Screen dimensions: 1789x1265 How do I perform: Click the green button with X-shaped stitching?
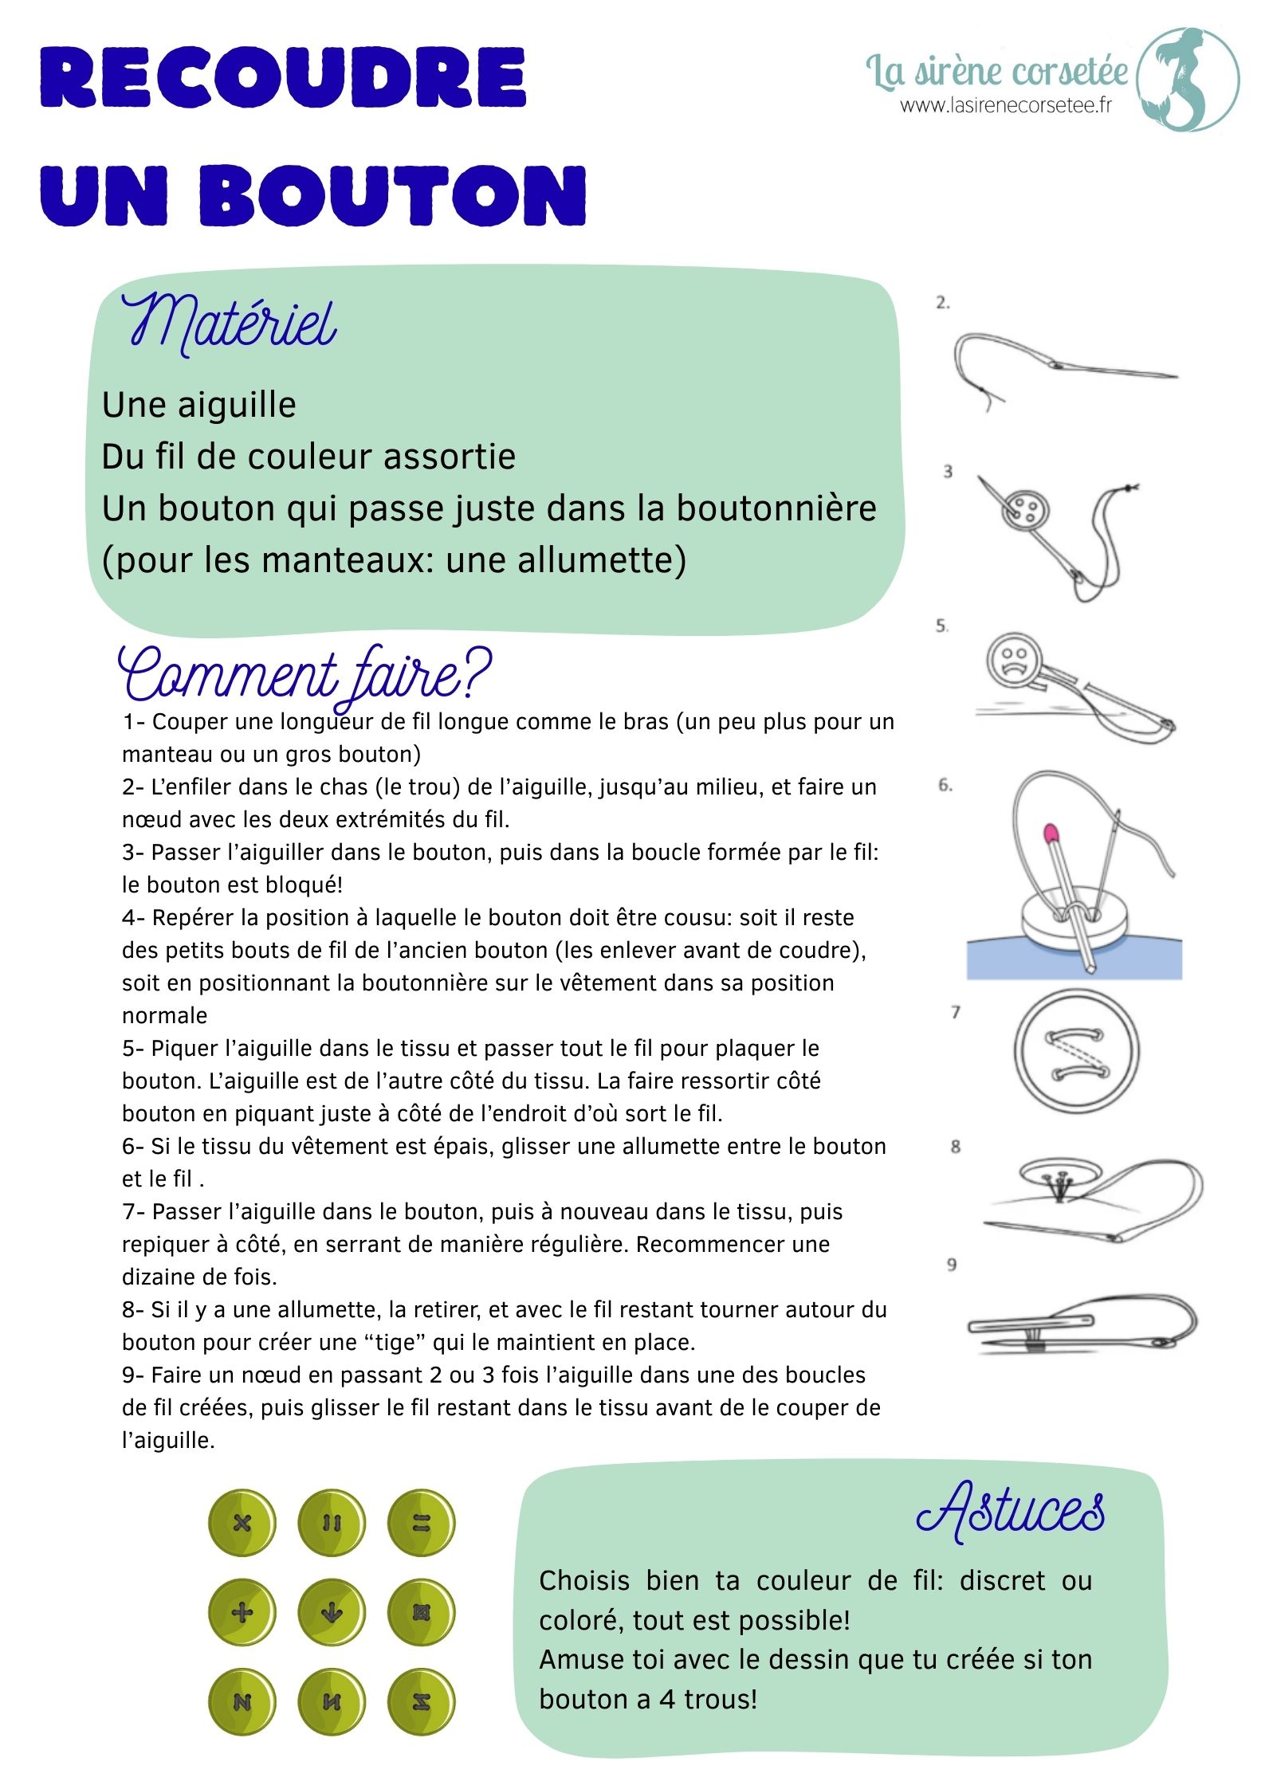242,1524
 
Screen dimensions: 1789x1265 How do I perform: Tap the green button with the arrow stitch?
332,1613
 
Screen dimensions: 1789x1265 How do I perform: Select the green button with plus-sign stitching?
242,1613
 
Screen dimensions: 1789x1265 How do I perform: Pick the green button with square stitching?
421,1613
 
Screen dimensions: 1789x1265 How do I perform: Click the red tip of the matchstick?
1052,834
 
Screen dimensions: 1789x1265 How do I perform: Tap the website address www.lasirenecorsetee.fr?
1006,105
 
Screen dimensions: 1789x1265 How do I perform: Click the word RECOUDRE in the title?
284,78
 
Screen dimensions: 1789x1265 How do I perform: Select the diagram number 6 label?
945,785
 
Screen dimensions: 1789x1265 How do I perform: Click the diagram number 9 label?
952,1265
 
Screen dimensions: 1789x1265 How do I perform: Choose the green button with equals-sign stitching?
421,1524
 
